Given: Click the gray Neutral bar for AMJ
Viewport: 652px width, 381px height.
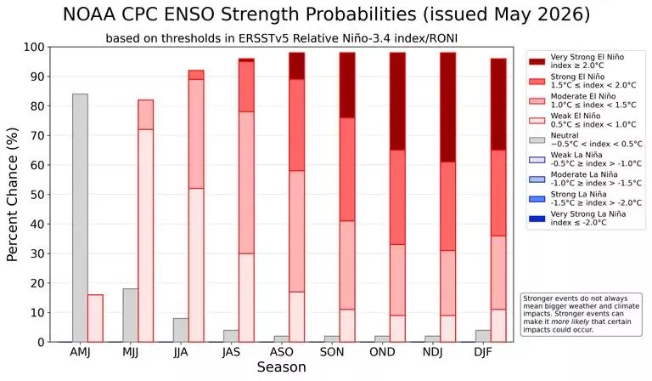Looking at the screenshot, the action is pyautogui.click(x=81, y=218).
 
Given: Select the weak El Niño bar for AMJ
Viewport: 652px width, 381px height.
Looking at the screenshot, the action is pyautogui.click(x=95, y=318).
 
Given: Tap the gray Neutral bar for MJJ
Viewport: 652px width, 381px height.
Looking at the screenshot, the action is pyautogui.click(x=131, y=316).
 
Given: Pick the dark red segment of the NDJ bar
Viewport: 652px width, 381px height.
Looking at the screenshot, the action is pyautogui.click(x=448, y=107).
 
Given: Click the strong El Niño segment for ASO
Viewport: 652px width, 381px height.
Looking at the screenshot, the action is pyautogui.click(x=297, y=125).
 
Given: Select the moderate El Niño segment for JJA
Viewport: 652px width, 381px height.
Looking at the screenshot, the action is pyautogui.click(x=196, y=134).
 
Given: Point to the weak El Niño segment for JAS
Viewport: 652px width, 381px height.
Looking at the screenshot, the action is pyautogui.click(x=246, y=298).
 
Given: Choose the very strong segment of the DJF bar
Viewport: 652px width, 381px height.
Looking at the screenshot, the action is pyautogui.click(x=498, y=104).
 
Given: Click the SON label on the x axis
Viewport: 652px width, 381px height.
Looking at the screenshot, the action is pyautogui.click(x=332, y=352).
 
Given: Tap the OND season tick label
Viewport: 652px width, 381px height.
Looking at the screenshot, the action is pyautogui.click(x=382, y=352).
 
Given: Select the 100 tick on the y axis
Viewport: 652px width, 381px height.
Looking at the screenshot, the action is pyautogui.click(x=34, y=47).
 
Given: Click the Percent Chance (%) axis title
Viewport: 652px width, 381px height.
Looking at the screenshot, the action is pyautogui.click(x=13, y=195).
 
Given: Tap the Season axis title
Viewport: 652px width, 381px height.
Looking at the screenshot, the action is pyautogui.click(x=282, y=367).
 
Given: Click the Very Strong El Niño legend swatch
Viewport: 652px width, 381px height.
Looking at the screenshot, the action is pyautogui.click(x=537, y=61).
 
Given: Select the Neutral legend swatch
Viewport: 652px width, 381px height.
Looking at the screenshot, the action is pyautogui.click(x=537, y=140).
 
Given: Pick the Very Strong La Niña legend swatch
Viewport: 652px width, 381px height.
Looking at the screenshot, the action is pyautogui.click(x=537, y=219).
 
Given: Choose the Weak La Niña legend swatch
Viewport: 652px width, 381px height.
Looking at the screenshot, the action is pyautogui.click(x=537, y=160).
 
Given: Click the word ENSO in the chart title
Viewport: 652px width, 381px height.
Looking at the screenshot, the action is pyautogui.click(x=189, y=14).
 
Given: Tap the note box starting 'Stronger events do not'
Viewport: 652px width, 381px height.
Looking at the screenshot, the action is pyautogui.click(x=582, y=315).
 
